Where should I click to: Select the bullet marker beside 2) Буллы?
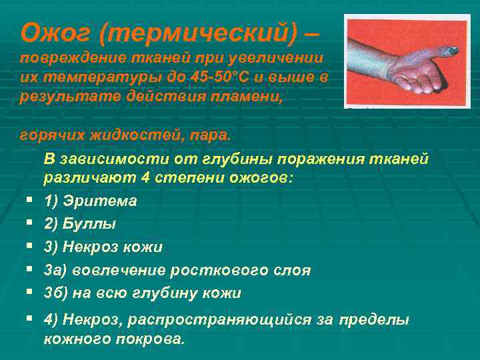click(31, 224)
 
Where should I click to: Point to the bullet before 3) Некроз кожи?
click(31, 247)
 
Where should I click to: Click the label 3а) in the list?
click(55, 270)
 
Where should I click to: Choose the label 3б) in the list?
click(55, 293)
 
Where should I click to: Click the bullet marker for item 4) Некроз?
click(31, 320)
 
